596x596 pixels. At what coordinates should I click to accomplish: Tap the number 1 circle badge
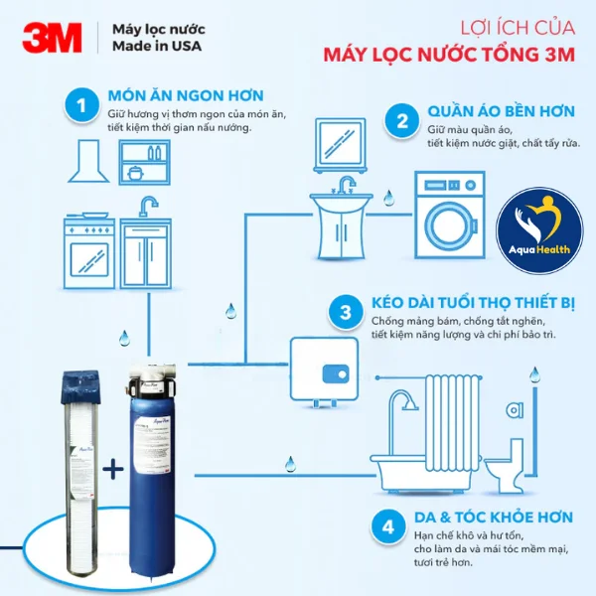tap(82, 106)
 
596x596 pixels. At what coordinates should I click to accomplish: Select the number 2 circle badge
tap(402, 122)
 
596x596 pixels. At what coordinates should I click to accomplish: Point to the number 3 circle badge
tap(346, 312)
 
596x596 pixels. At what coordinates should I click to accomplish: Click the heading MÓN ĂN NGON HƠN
tap(186, 95)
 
